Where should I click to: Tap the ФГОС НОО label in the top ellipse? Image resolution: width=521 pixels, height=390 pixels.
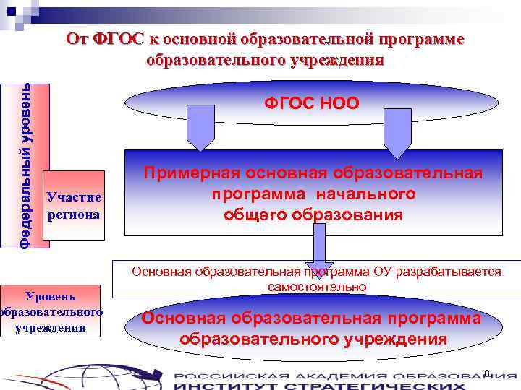(x=312, y=103)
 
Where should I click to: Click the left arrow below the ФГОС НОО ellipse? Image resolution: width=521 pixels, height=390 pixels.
(x=200, y=126)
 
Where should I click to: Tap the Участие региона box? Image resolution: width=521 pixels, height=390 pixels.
(x=74, y=206)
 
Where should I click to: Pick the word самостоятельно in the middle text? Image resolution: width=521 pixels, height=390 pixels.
(x=317, y=287)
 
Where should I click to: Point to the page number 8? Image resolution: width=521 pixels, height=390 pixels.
(x=487, y=373)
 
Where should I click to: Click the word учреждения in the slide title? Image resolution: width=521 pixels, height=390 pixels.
(x=334, y=60)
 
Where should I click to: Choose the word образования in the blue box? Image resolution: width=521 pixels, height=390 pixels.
(x=348, y=214)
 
